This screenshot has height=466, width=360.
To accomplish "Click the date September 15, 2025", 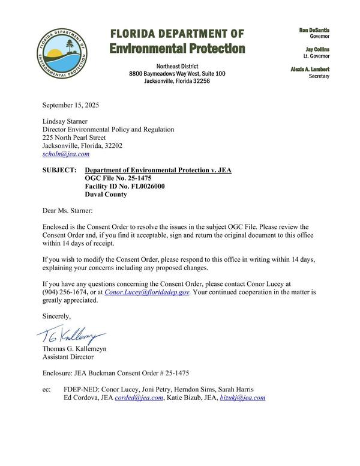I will tap(70, 105).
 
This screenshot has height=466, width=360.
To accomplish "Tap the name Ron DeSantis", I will tap(314, 30).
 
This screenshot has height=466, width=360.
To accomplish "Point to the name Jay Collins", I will tap(317, 50).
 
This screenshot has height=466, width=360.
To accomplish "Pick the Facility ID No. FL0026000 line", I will tap(124, 186).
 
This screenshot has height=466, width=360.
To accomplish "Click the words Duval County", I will tap(106, 195).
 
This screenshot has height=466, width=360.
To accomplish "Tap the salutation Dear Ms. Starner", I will tap(68, 211).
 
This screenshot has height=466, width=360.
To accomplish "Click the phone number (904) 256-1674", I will tap(66, 292).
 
